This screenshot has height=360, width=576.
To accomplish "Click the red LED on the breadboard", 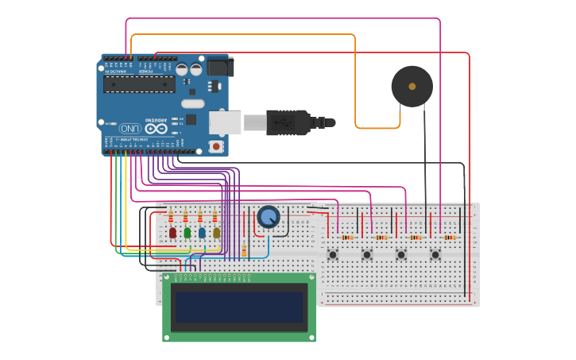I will click(x=172, y=233).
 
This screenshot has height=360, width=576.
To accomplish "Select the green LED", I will click(x=187, y=233).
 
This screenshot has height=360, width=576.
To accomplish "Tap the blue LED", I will click(x=202, y=233).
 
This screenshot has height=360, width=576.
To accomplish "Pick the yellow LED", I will click(x=216, y=233).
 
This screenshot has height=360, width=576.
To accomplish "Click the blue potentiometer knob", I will click(x=269, y=216).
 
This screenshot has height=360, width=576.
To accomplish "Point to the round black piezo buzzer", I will click(x=412, y=86).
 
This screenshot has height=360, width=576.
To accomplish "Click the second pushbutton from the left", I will click(x=367, y=255).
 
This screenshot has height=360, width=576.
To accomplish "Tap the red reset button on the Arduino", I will click(x=215, y=146).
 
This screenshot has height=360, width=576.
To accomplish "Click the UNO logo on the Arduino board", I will click(x=130, y=128).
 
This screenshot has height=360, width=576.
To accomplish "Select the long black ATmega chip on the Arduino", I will click(x=139, y=84).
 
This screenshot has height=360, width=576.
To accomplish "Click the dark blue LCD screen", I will click(x=239, y=307).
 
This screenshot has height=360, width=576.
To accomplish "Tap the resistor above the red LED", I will click(x=170, y=217).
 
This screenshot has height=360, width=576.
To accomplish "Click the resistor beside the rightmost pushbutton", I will click(x=450, y=237).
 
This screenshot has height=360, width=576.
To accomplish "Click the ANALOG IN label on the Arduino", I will click(x=117, y=72).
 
